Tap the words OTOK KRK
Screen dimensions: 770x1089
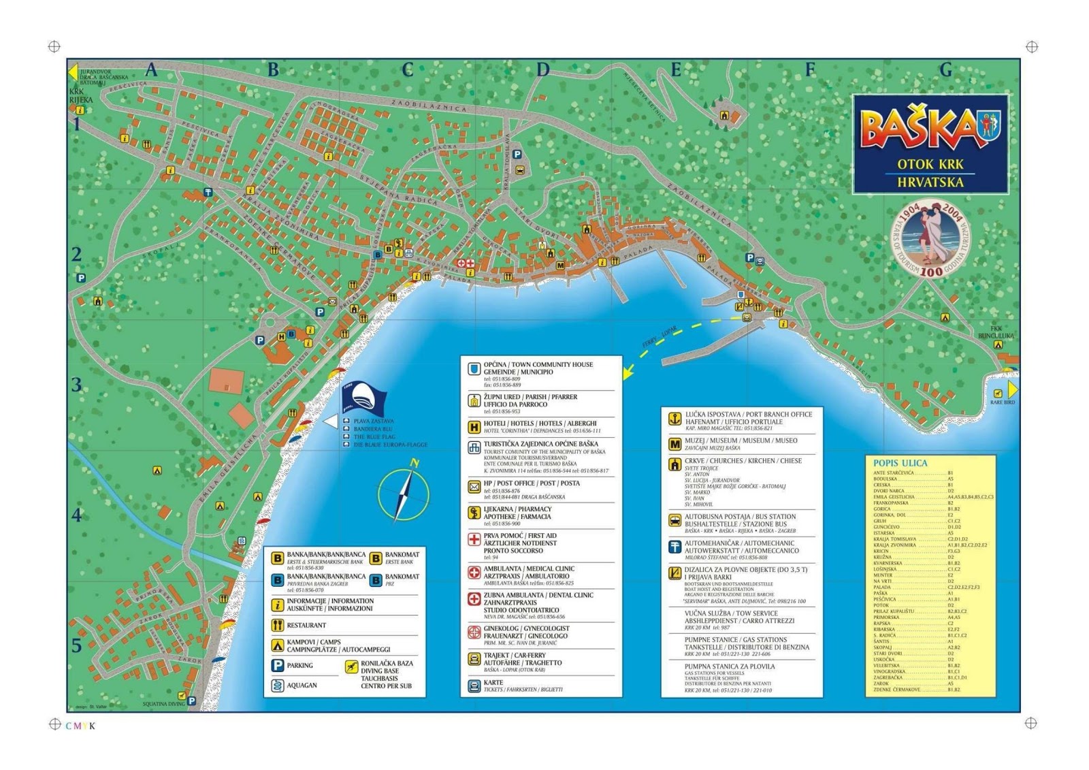(930, 164)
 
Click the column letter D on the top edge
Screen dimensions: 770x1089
(542, 69)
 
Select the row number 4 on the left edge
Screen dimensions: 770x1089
(77, 515)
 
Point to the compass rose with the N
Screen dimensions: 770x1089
(404, 494)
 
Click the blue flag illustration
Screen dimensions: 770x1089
(363, 398)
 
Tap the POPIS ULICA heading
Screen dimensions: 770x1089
(900, 463)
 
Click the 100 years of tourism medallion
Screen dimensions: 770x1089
(930, 239)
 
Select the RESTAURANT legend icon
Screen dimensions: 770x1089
(278, 625)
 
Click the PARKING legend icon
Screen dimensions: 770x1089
(278, 665)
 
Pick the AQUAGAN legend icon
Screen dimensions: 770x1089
(278, 685)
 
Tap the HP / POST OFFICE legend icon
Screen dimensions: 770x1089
(474, 487)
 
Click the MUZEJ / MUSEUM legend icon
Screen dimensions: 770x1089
(674, 445)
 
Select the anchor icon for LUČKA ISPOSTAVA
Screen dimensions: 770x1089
(674, 419)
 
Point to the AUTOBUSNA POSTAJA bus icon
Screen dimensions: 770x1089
(674, 521)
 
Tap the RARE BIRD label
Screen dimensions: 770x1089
(1002, 402)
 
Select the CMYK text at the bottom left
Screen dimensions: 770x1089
(80, 726)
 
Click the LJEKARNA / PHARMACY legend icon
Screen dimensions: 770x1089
(474, 513)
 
